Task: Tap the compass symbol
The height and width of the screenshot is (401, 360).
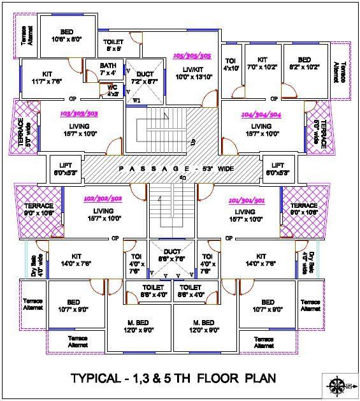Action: coord(338,385)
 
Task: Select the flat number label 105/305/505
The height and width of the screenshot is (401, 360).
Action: coord(192,55)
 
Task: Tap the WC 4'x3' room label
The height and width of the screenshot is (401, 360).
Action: coord(112,90)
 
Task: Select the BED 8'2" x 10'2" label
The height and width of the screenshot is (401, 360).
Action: coord(305,61)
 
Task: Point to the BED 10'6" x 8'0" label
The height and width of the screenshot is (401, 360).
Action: coord(67,35)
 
